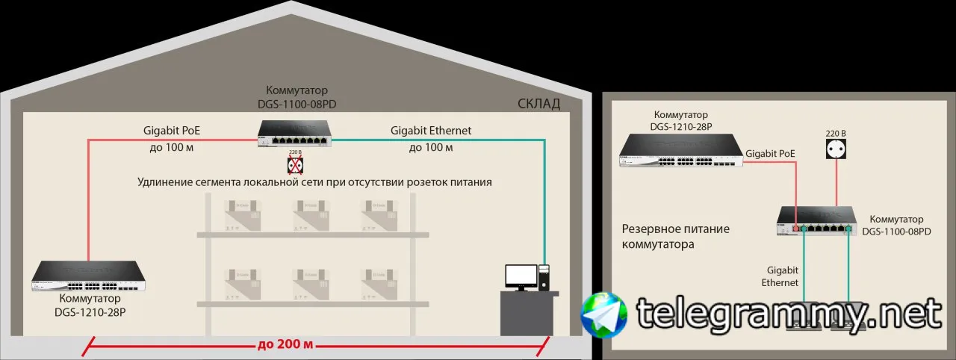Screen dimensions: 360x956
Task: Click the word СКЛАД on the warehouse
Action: click(x=538, y=104)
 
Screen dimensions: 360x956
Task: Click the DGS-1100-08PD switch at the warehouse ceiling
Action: click(x=297, y=134)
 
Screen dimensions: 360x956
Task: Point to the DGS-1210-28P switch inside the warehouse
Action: click(x=89, y=276)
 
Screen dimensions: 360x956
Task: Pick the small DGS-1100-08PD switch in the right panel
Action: click(x=816, y=220)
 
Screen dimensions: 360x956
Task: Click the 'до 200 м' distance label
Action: click(x=284, y=345)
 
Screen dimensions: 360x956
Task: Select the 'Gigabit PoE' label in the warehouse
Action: click(x=172, y=131)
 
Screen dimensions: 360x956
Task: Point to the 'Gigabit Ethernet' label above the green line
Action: click(x=431, y=131)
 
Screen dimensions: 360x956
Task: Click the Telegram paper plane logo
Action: click(x=604, y=314)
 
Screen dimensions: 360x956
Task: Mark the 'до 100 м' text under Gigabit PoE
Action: click(x=172, y=148)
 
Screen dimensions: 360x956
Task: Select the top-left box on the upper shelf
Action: click(x=242, y=213)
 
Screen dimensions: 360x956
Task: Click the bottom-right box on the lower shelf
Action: click(x=380, y=283)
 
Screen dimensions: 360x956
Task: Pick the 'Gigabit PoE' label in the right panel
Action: click(x=770, y=153)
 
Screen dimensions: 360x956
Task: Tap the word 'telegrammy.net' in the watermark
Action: click(x=788, y=314)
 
